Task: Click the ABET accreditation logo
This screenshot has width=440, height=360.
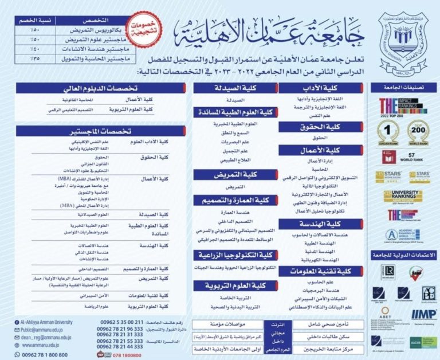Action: coord(386,314)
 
